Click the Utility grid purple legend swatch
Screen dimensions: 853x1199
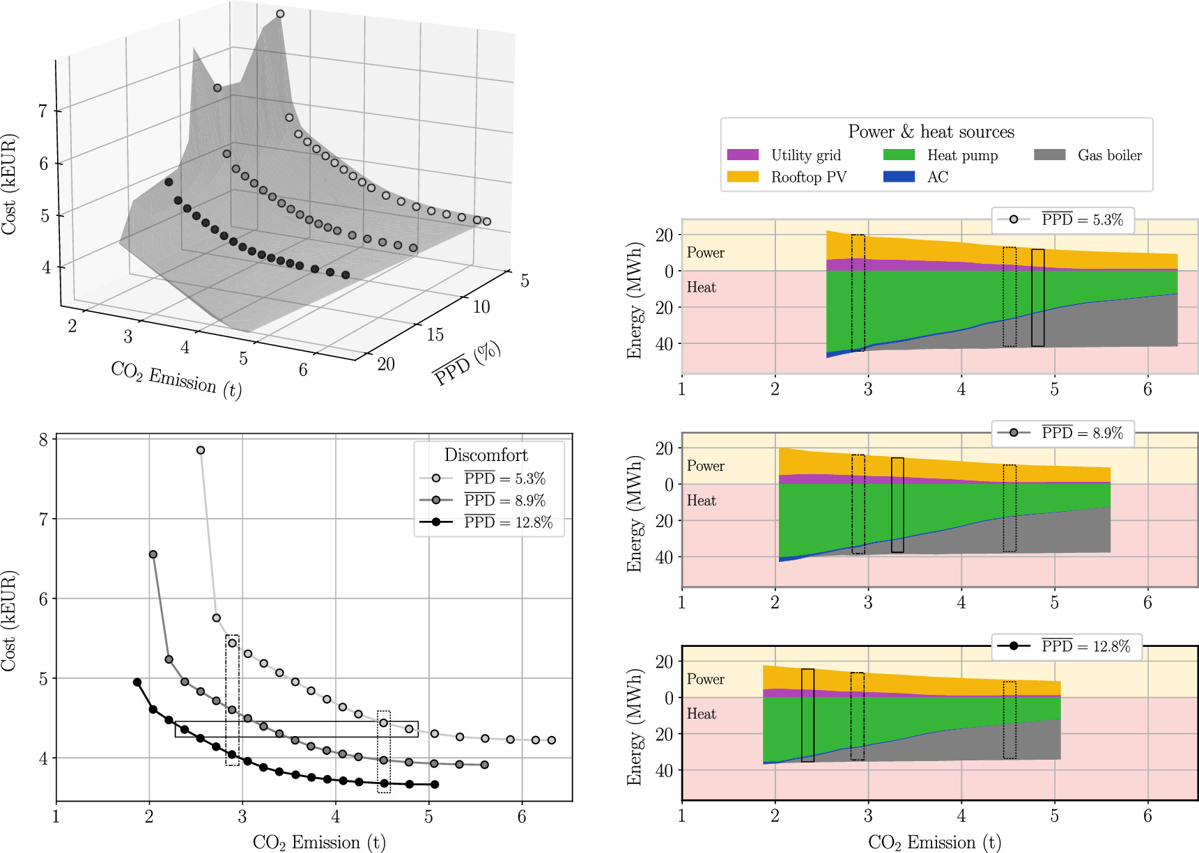tap(743, 155)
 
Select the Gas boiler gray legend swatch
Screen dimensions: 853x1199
tap(1050, 155)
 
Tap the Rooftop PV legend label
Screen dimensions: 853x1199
tap(808, 177)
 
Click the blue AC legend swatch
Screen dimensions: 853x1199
tap(899, 177)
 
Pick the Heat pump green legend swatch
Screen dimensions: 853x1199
tap(899, 155)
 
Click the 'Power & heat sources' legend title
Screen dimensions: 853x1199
tap(931, 132)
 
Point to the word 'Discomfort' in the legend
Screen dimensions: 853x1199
tap(486, 455)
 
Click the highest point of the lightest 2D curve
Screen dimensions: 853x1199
tap(201, 451)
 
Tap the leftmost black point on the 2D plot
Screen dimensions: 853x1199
tap(137, 682)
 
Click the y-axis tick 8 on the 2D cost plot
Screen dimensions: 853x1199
tap(43, 439)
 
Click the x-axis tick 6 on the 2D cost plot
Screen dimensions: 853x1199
tap(522, 817)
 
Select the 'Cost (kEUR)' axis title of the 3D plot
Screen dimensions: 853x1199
tap(9, 185)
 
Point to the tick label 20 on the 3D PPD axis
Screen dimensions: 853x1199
tap(386, 364)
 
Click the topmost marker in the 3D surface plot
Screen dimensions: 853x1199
tap(280, 14)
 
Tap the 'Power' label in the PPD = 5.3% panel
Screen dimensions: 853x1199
tap(705, 253)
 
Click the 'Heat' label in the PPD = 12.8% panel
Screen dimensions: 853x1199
tap(701, 714)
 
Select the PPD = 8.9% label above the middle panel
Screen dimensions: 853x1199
tap(1082, 433)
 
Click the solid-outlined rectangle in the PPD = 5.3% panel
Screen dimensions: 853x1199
tap(1037, 297)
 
